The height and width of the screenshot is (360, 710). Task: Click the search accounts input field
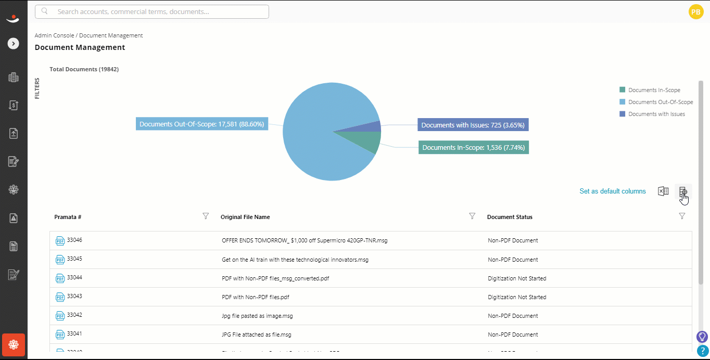(x=152, y=12)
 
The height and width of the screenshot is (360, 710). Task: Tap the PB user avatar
(x=696, y=12)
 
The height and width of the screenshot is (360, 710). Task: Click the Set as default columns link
(x=612, y=191)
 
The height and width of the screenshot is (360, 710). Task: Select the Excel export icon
(x=663, y=191)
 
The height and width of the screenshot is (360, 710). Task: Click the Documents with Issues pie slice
(x=367, y=127)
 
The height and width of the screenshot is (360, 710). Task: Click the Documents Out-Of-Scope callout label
(x=202, y=124)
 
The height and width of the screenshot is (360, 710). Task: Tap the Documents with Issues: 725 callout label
(x=473, y=125)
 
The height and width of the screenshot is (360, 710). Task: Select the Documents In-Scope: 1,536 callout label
(x=474, y=147)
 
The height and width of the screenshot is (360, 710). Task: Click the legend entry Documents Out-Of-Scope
(x=656, y=102)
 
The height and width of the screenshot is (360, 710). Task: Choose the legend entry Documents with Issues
(x=652, y=114)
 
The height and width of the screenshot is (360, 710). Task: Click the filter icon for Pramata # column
(x=206, y=216)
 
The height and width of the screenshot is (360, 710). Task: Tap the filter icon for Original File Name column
(x=472, y=216)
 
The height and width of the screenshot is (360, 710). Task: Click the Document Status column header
(x=510, y=217)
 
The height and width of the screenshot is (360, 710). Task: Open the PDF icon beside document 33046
(x=60, y=241)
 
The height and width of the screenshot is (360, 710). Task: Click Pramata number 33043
(x=74, y=296)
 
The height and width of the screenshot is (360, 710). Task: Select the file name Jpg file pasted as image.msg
(x=257, y=316)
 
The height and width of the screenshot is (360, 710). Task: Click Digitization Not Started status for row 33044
(x=517, y=278)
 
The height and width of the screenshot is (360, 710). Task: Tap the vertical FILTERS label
(x=37, y=88)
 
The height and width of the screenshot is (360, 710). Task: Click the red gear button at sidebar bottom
(x=14, y=345)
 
